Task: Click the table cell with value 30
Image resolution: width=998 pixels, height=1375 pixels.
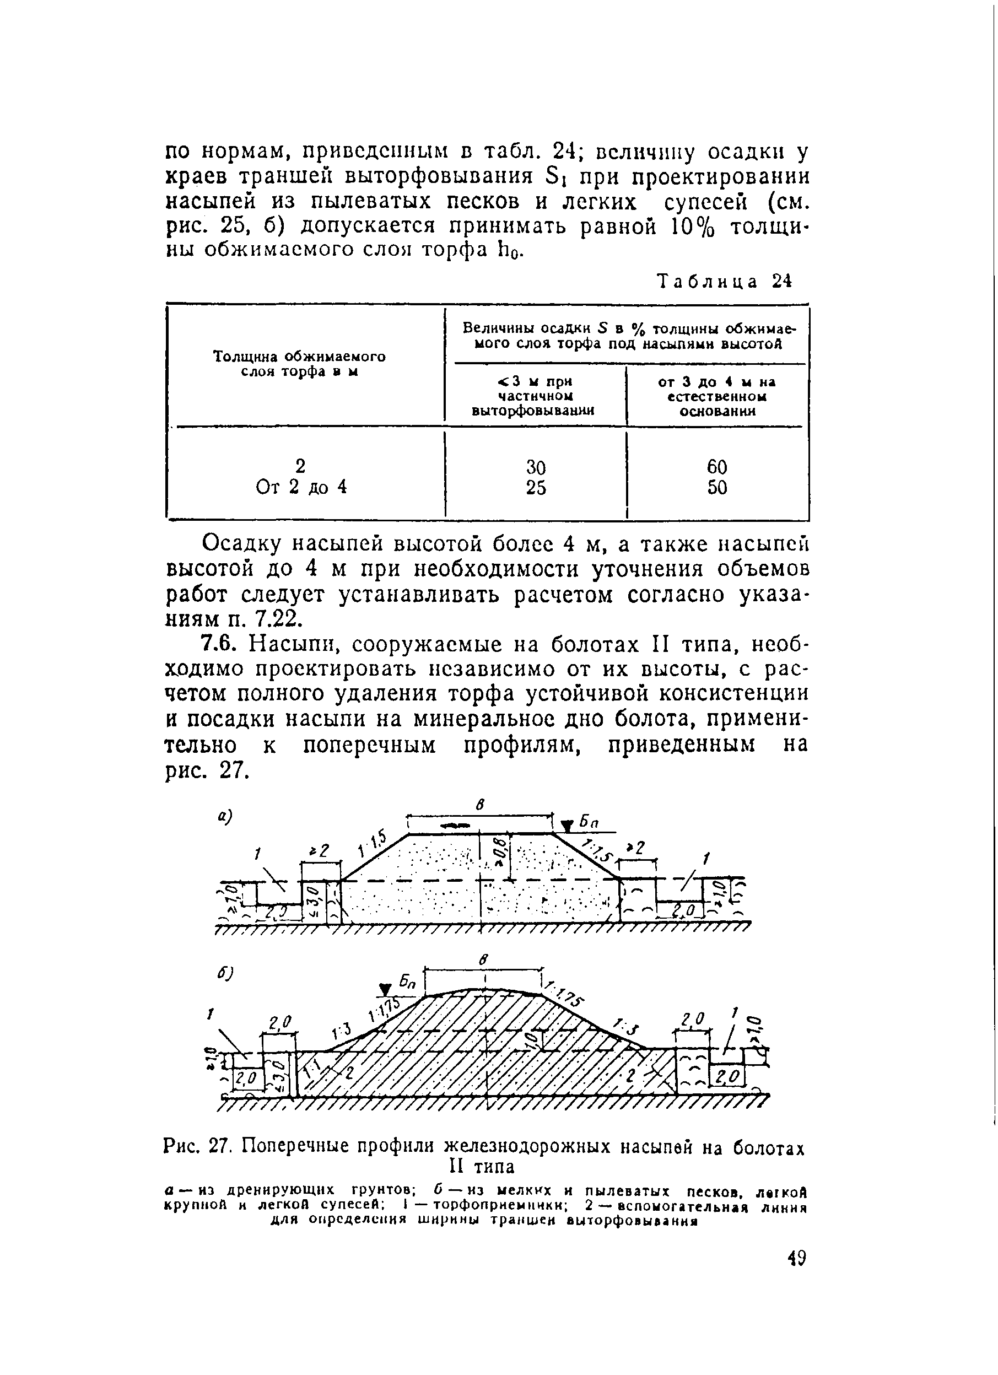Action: [x=536, y=467]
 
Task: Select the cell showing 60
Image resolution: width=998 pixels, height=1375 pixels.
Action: [x=716, y=466]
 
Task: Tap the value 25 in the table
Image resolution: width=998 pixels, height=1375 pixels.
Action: [x=536, y=487]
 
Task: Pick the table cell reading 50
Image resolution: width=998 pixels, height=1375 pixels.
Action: [x=716, y=487]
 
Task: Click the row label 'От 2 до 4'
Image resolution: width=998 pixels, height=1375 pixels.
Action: [x=301, y=487]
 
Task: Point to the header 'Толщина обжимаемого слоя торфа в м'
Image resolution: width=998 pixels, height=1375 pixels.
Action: [x=300, y=363]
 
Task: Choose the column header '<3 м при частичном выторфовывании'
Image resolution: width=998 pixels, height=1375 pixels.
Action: [x=533, y=396]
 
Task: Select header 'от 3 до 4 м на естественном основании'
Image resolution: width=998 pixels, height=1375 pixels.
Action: [x=716, y=396]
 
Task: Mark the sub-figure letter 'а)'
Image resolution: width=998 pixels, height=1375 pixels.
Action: [x=225, y=818]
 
